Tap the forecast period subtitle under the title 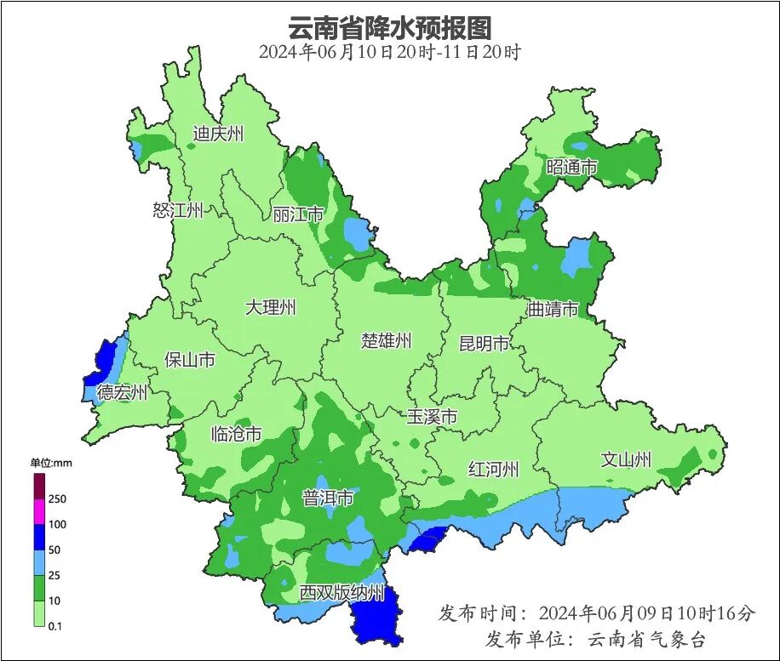pyautogui.click(x=390, y=52)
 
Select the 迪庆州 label pyautogui.click(x=218, y=134)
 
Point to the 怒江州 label pyautogui.click(x=178, y=210)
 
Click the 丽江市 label pyautogui.click(x=298, y=214)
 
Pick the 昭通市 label pyautogui.click(x=571, y=168)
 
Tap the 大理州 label pyautogui.click(x=270, y=307)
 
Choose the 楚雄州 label pyautogui.click(x=386, y=341)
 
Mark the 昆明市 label pyautogui.click(x=484, y=344)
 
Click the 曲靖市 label pyautogui.click(x=553, y=309)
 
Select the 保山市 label pyautogui.click(x=190, y=360)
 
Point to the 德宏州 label pyautogui.click(x=122, y=393)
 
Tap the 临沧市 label pyautogui.click(x=236, y=434)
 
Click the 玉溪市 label pyautogui.click(x=431, y=417)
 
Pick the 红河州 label pyautogui.click(x=493, y=469)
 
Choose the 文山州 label pyautogui.click(x=626, y=460)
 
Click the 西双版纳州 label pyautogui.click(x=342, y=593)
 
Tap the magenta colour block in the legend pyautogui.click(x=39, y=511)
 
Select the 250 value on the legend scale pyautogui.click(x=58, y=499)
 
